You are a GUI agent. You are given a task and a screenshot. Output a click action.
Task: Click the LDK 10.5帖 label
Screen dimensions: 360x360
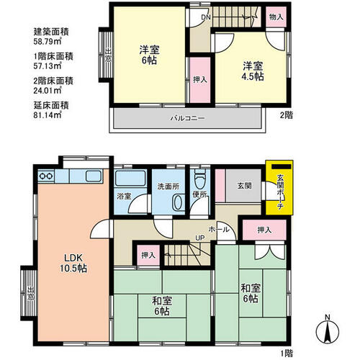coord(73,263)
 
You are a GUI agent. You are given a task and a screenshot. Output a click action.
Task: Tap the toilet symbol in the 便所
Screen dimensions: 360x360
coord(200,179)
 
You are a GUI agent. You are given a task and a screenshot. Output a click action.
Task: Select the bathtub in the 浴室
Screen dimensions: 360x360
coord(130,178)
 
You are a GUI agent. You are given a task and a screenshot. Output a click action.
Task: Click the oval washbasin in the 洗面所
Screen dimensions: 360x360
coord(178,203)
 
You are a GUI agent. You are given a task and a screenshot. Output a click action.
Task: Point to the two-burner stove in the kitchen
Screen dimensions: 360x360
coord(46,176)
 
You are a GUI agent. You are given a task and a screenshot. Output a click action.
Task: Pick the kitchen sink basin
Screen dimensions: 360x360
coord(94,176)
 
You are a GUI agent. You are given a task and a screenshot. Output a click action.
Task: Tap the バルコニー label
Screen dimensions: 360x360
coord(187,118)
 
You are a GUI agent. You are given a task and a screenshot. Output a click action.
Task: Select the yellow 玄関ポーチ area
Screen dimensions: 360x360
coord(279,187)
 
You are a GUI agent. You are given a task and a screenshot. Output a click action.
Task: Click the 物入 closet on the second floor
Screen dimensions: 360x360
coord(276,17)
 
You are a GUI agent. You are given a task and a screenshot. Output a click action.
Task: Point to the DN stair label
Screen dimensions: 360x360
coord(206,17)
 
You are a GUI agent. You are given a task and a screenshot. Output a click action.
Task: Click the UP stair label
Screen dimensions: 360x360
coord(200,238)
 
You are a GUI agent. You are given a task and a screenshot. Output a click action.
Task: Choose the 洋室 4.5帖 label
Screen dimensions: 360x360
coord(253,71)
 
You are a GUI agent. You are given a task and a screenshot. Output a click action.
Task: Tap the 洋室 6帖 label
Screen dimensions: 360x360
coord(149,55)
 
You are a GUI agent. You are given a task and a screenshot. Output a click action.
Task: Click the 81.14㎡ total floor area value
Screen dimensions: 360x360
coord(48,115)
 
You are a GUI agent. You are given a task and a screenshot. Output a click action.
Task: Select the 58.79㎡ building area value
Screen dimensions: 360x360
coord(48,41)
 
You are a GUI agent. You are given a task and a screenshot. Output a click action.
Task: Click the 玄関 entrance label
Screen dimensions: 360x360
coord(245,186)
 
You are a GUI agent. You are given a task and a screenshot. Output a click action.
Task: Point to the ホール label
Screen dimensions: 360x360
coord(219,230)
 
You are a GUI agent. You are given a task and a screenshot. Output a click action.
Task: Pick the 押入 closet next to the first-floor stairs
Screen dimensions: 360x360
coord(148,255)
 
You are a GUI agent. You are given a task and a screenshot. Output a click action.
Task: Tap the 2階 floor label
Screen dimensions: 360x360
coord(287,115)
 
